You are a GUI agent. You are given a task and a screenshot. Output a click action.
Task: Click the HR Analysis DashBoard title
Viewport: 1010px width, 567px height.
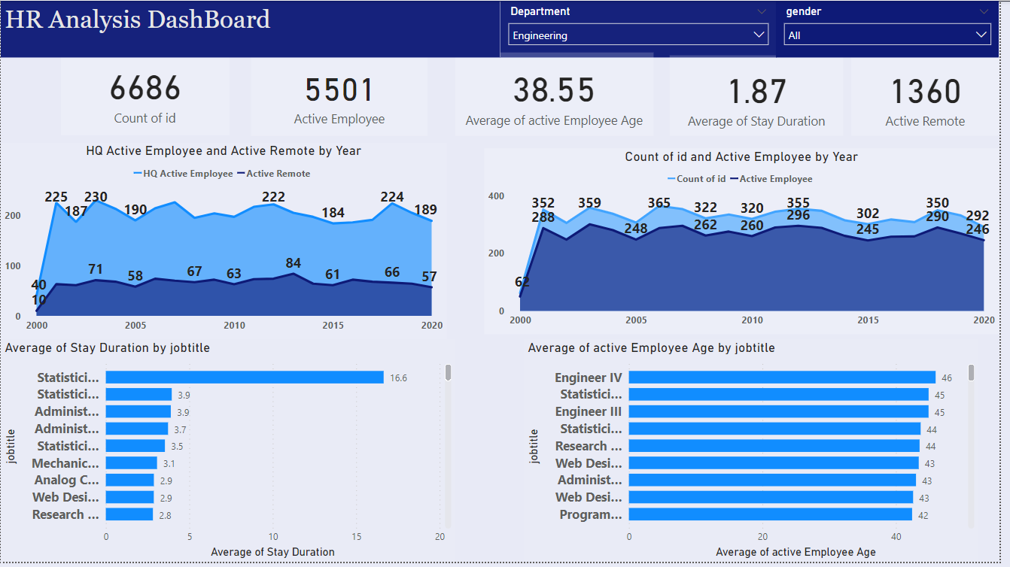(138, 20)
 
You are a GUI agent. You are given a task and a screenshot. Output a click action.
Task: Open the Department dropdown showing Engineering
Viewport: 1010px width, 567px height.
(638, 35)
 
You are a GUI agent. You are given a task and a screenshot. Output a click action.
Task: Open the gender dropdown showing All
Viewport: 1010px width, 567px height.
(887, 35)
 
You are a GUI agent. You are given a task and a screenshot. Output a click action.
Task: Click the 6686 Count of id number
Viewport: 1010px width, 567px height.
(145, 89)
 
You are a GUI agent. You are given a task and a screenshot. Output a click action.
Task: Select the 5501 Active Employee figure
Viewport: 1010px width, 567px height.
(339, 91)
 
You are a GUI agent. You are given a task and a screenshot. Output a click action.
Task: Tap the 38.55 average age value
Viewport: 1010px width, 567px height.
(554, 91)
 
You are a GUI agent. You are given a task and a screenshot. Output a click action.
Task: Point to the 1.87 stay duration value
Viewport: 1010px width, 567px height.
(756, 92)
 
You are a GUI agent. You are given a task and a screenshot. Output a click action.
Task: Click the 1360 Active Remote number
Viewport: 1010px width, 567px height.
(925, 92)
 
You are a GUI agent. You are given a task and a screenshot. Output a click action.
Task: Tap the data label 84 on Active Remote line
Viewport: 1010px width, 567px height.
(293, 263)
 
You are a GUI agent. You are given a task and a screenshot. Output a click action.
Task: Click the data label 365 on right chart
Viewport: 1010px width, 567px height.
(659, 203)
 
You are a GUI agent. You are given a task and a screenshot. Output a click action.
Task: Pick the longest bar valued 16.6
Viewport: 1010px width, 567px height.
(245, 377)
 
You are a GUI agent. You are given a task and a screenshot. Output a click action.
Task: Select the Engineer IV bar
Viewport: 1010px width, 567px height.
(781, 377)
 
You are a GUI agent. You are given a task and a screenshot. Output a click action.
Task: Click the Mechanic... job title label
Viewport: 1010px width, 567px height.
(65, 463)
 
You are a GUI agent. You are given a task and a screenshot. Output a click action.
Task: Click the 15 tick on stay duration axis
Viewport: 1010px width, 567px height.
(357, 537)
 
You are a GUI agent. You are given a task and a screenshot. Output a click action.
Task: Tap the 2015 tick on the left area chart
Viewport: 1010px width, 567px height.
(333, 326)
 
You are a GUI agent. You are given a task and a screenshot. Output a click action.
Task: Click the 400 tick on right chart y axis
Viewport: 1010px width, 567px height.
(496, 196)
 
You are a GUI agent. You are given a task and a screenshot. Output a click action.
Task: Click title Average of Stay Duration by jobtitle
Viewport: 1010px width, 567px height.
(108, 347)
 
